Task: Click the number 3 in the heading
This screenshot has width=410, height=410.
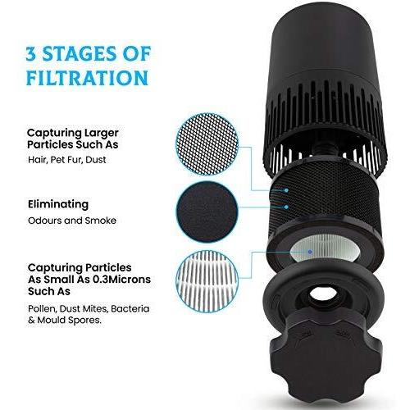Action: point(31,53)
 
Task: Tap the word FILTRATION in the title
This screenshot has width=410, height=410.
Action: point(88,78)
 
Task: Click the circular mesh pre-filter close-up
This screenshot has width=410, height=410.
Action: point(207,144)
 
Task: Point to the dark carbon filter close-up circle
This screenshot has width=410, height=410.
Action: point(207,212)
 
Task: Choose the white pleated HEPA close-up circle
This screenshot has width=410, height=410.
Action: point(207,281)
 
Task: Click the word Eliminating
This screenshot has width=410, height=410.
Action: point(58,204)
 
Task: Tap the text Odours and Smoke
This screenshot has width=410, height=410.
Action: point(72,221)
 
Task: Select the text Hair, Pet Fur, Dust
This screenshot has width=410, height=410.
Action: point(67,160)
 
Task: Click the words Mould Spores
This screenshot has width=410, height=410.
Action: point(69,320)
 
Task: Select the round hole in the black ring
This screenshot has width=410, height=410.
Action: point(323,294)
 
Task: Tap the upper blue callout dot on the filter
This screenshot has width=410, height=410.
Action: point(286,190)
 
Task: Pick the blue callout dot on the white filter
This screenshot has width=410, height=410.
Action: point(310,252)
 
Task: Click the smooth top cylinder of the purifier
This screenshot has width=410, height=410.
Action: point(325,43)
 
